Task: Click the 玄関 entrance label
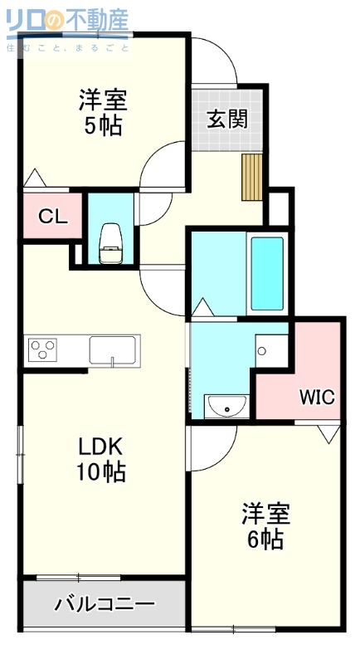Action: (x=226, y=120)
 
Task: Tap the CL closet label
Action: (x=52, y=217)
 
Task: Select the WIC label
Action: (x=317, y=396)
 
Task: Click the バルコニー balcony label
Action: (x=104, y=603)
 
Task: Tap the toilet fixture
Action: (x=110, y=242)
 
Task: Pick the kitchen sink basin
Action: (x=114, y=349)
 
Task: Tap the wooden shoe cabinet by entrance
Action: (x=252, y=176)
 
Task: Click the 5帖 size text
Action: (x=103, y=127)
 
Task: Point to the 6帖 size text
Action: (x=265, y=539)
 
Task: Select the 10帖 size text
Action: (x=102, y=472)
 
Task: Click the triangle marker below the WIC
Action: (x=328, y=432)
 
